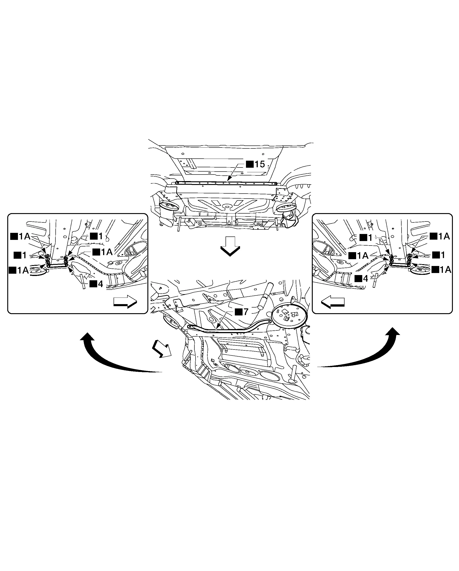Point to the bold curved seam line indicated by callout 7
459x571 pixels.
click(229, 330)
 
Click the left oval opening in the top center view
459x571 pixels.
click(169, 206)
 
